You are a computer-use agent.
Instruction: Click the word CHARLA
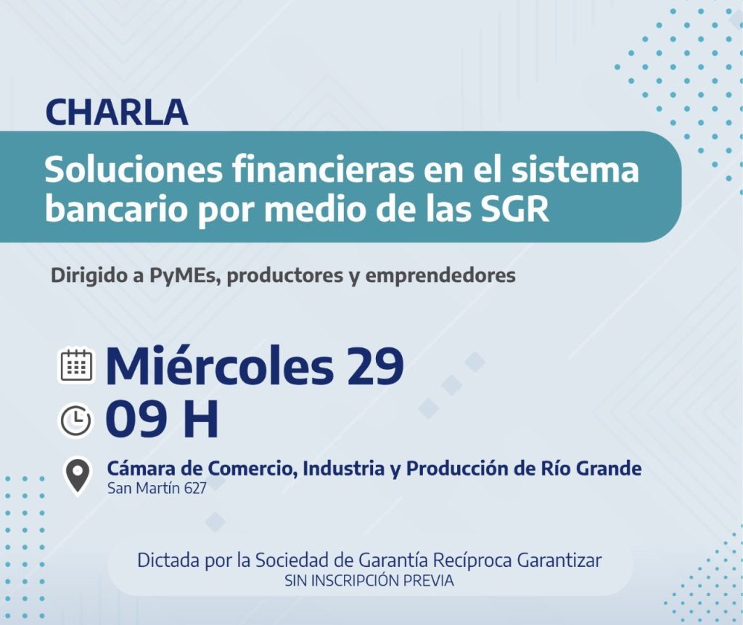click(x=117, y=112)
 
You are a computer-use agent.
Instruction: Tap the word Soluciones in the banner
click(x=134, y=170)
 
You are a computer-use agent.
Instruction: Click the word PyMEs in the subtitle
click(x=186, y=276)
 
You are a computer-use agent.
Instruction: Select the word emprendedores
click(x=440, y=275)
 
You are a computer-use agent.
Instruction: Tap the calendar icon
click(x=76, y=366)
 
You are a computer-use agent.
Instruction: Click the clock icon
click(x=75, y=420)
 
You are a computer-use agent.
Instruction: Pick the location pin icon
click(x=77, y=476)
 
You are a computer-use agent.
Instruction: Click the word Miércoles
click(x=221, y=365)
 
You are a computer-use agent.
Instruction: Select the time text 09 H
click(x=162, y=420)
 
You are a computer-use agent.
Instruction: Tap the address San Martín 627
click(x=157, y=488)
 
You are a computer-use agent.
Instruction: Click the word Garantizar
click(x=559, y=560)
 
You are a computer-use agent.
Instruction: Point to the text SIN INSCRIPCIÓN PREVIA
click(x=369, y=581)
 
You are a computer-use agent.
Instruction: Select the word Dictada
click(x=168, y=560)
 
